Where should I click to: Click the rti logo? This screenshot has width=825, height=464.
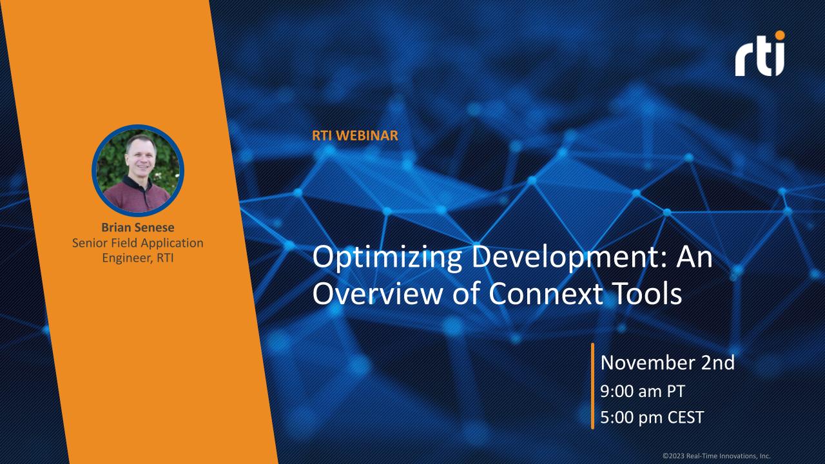tap(760, 54)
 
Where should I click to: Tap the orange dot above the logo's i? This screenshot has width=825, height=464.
tap(781, 35)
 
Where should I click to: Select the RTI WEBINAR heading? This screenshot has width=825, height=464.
tap(354, 136)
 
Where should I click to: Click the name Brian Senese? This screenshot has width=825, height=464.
tap(138, 227)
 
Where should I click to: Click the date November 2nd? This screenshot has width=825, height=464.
tap(667, 363)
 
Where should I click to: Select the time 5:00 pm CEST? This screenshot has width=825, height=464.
tap(652, 416)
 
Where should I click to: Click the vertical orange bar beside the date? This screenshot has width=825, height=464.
tap(592, 386)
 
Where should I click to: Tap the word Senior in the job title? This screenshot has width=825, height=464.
tap(90, 243)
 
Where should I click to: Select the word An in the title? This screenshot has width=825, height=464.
tap(695, 259)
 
